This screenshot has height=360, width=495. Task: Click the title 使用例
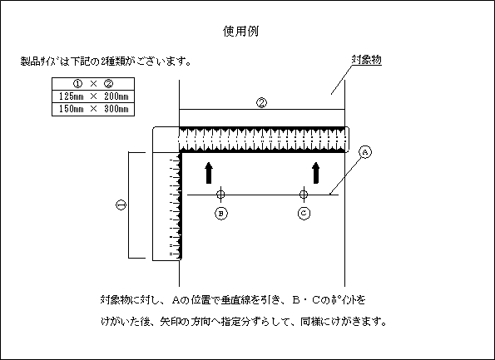click(241, 32)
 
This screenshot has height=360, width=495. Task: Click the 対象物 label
click(367, 59)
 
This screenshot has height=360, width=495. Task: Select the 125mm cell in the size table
click(72, 96)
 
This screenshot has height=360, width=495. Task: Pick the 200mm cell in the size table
click(116, 96)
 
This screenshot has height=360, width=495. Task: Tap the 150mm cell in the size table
click(72, 109)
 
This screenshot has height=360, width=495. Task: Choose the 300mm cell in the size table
click(116, 109)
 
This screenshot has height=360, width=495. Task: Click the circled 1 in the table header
click(77, 84)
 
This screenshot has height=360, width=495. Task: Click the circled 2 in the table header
click(109, 84)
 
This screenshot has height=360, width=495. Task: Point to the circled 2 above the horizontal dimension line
click(261, 103)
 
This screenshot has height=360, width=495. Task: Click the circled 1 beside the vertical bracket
click(121, 205)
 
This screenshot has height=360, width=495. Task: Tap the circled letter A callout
click(365, 152)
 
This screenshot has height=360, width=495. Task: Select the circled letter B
click(221, 214)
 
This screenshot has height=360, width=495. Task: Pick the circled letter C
click(304, 214)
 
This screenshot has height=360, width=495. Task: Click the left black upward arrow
click(208, 173)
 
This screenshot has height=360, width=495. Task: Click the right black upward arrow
click(315, 173)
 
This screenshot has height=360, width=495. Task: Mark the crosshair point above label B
click(220, 195)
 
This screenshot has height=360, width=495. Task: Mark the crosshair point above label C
click(304, 195)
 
